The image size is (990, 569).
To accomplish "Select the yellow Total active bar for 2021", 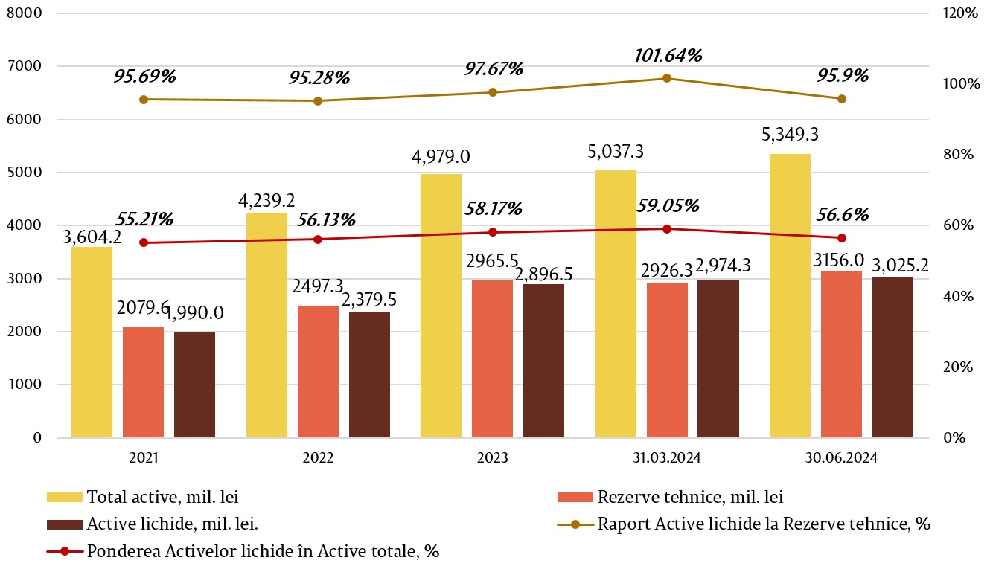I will click(92, 342).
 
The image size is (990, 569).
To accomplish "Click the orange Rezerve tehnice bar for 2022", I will click(318, 371).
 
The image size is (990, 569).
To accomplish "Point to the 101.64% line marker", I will click(667, 78).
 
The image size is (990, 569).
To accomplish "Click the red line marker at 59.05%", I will click(667, 229).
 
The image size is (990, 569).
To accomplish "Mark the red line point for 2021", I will click(144, 242).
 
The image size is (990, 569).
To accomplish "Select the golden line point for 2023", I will click(492, 92).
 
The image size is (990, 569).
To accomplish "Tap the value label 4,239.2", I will click(266, 199).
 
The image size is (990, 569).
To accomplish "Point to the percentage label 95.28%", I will click(320, 78).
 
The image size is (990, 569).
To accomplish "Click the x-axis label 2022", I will click(318, 458).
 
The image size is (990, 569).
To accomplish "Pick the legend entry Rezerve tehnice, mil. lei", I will click(688, 497).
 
